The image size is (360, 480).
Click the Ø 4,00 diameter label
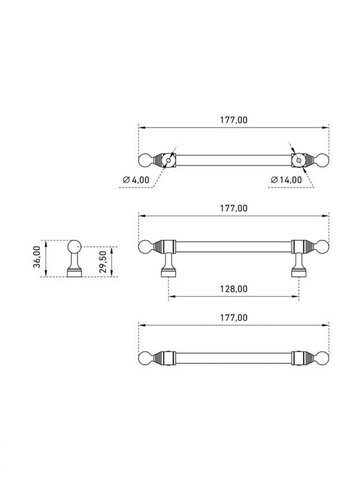[136, 179]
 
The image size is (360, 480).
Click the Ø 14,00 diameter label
[287, 179]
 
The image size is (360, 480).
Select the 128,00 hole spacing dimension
[234, 288]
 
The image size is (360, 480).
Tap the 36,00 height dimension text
[37, 257]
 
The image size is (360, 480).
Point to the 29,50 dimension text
[103, 262]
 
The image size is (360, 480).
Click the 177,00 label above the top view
[234, 120]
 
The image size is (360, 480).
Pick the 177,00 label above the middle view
[234, 208]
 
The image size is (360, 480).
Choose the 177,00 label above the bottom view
[234, 317]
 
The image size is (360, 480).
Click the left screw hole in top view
[168, 160]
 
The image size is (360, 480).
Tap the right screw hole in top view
[299, 160]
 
